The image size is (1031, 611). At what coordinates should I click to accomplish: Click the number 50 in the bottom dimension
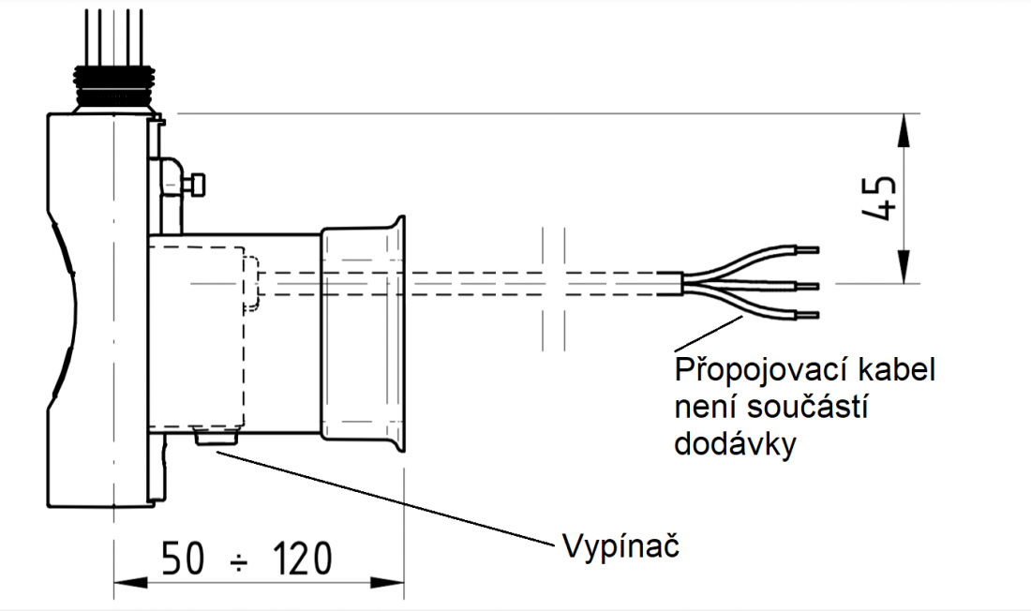(184, 559)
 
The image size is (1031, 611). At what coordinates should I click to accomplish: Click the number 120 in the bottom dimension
(302, 559)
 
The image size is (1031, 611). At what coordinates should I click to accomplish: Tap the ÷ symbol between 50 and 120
(241, 561)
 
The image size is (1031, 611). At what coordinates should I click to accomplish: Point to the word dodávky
(735, 443)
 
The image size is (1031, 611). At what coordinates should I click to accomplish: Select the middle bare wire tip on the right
(808, 285)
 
